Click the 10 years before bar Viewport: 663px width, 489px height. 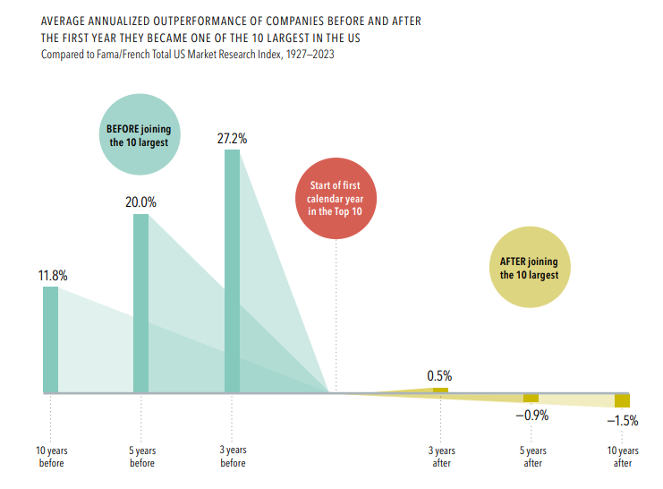50,339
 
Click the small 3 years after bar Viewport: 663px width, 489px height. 440,390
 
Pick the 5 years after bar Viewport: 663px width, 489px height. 531,398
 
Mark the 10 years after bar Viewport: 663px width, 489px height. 622,400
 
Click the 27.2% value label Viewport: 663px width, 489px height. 232,139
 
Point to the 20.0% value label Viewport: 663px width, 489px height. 140,202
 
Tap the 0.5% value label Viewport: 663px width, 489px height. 440,375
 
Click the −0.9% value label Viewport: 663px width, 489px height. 531,416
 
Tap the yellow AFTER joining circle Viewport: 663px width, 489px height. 530,268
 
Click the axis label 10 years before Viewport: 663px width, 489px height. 51,456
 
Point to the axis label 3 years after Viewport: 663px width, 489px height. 441,456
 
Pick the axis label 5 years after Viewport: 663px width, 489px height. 532,456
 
